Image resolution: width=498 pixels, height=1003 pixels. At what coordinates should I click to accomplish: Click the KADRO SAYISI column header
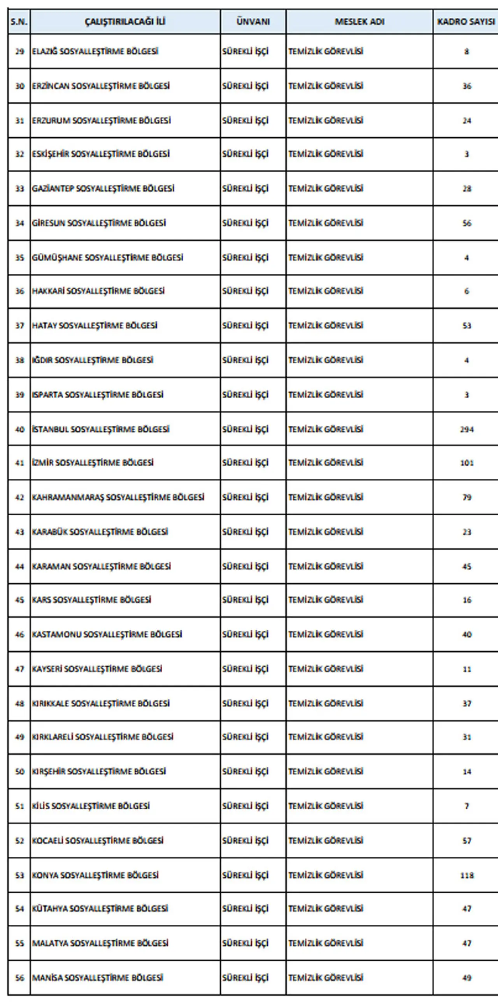point(466,21)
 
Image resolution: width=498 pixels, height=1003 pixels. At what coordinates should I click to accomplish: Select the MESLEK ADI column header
point(359,21)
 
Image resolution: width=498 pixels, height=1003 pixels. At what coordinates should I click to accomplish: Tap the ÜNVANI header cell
point(253,21)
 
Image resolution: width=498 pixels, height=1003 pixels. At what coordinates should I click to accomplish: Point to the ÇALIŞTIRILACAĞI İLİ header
point(125,21)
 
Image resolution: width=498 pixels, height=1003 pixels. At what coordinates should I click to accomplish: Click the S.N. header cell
point(19,21)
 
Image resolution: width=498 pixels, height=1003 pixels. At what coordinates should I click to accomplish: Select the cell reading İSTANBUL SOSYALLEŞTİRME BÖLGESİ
point(100,429)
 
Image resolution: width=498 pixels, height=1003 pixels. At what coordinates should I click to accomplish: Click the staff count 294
point(466,429)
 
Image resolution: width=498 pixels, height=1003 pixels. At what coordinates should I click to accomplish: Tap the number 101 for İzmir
point(466,463)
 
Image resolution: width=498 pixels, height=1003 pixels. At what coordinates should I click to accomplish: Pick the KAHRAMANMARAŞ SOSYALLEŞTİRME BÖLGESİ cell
point(118,497)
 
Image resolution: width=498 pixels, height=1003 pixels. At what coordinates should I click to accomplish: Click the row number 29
point(19,51)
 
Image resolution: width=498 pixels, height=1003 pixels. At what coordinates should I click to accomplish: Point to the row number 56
point(19,978)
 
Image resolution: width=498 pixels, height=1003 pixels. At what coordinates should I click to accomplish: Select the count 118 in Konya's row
point(466,875)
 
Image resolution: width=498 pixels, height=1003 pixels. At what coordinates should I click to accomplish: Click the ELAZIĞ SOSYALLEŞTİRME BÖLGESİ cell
point(95,51)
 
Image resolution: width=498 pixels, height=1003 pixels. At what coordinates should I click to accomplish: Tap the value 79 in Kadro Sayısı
point(466,497)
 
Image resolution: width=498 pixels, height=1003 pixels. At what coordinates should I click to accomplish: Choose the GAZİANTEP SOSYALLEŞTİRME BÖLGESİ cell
point(103,189)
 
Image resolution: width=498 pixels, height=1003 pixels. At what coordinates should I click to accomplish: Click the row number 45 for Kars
point(19,600)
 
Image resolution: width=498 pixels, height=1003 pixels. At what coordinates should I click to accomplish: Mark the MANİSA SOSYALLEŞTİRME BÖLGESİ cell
point(97,978)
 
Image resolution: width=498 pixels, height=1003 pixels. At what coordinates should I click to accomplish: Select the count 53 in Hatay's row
point(466,326)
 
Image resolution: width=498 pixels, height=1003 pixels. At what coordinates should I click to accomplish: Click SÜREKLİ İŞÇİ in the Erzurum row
point(245,120)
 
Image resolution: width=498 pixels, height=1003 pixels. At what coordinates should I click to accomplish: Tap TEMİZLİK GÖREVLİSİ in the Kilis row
point(326,806)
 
